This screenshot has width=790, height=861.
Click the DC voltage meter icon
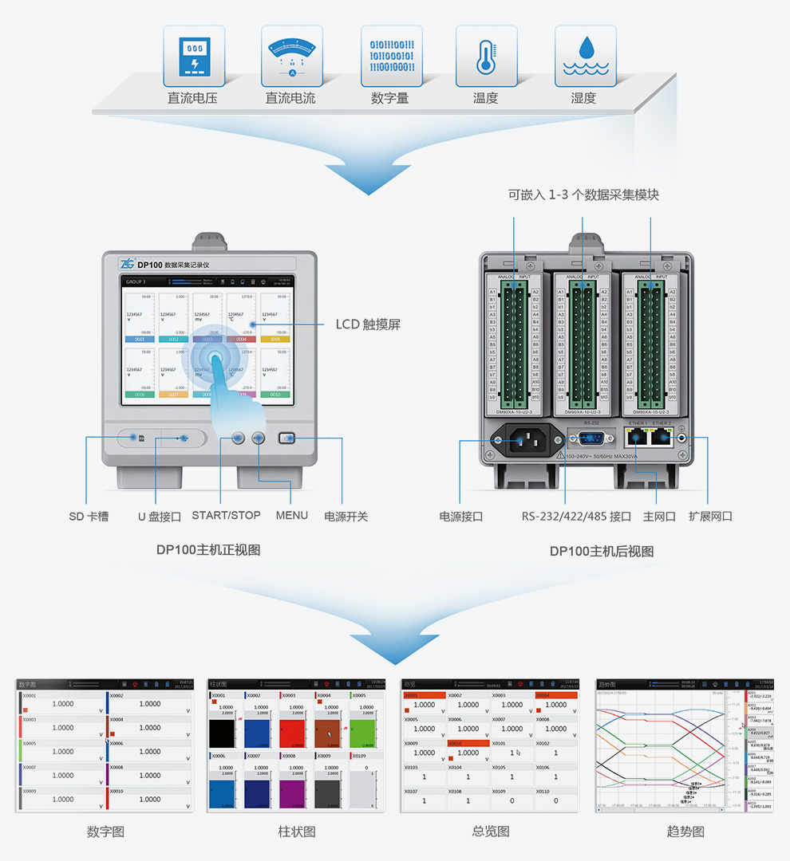[194, 56]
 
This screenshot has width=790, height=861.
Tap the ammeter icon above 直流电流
[292, 56]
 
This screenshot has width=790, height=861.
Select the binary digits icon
[391, 56]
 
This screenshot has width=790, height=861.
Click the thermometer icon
[486, 56]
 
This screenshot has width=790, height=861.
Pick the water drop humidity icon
[585, 56]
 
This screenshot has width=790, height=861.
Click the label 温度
[486, 98]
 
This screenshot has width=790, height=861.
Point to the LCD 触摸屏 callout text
[368, 324]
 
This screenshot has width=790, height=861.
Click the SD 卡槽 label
[89, 517]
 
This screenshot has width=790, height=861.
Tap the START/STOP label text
[226, 515]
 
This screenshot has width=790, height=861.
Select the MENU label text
[292, 515]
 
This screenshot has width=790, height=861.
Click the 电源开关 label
[346, 517]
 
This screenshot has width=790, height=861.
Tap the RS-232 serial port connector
[591, 437]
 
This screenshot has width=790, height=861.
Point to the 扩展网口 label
[710, 517]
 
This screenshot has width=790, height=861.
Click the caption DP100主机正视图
[208, 550]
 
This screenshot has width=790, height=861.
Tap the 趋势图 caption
[685, 832]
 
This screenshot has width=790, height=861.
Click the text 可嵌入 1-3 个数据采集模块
[583, 195]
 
